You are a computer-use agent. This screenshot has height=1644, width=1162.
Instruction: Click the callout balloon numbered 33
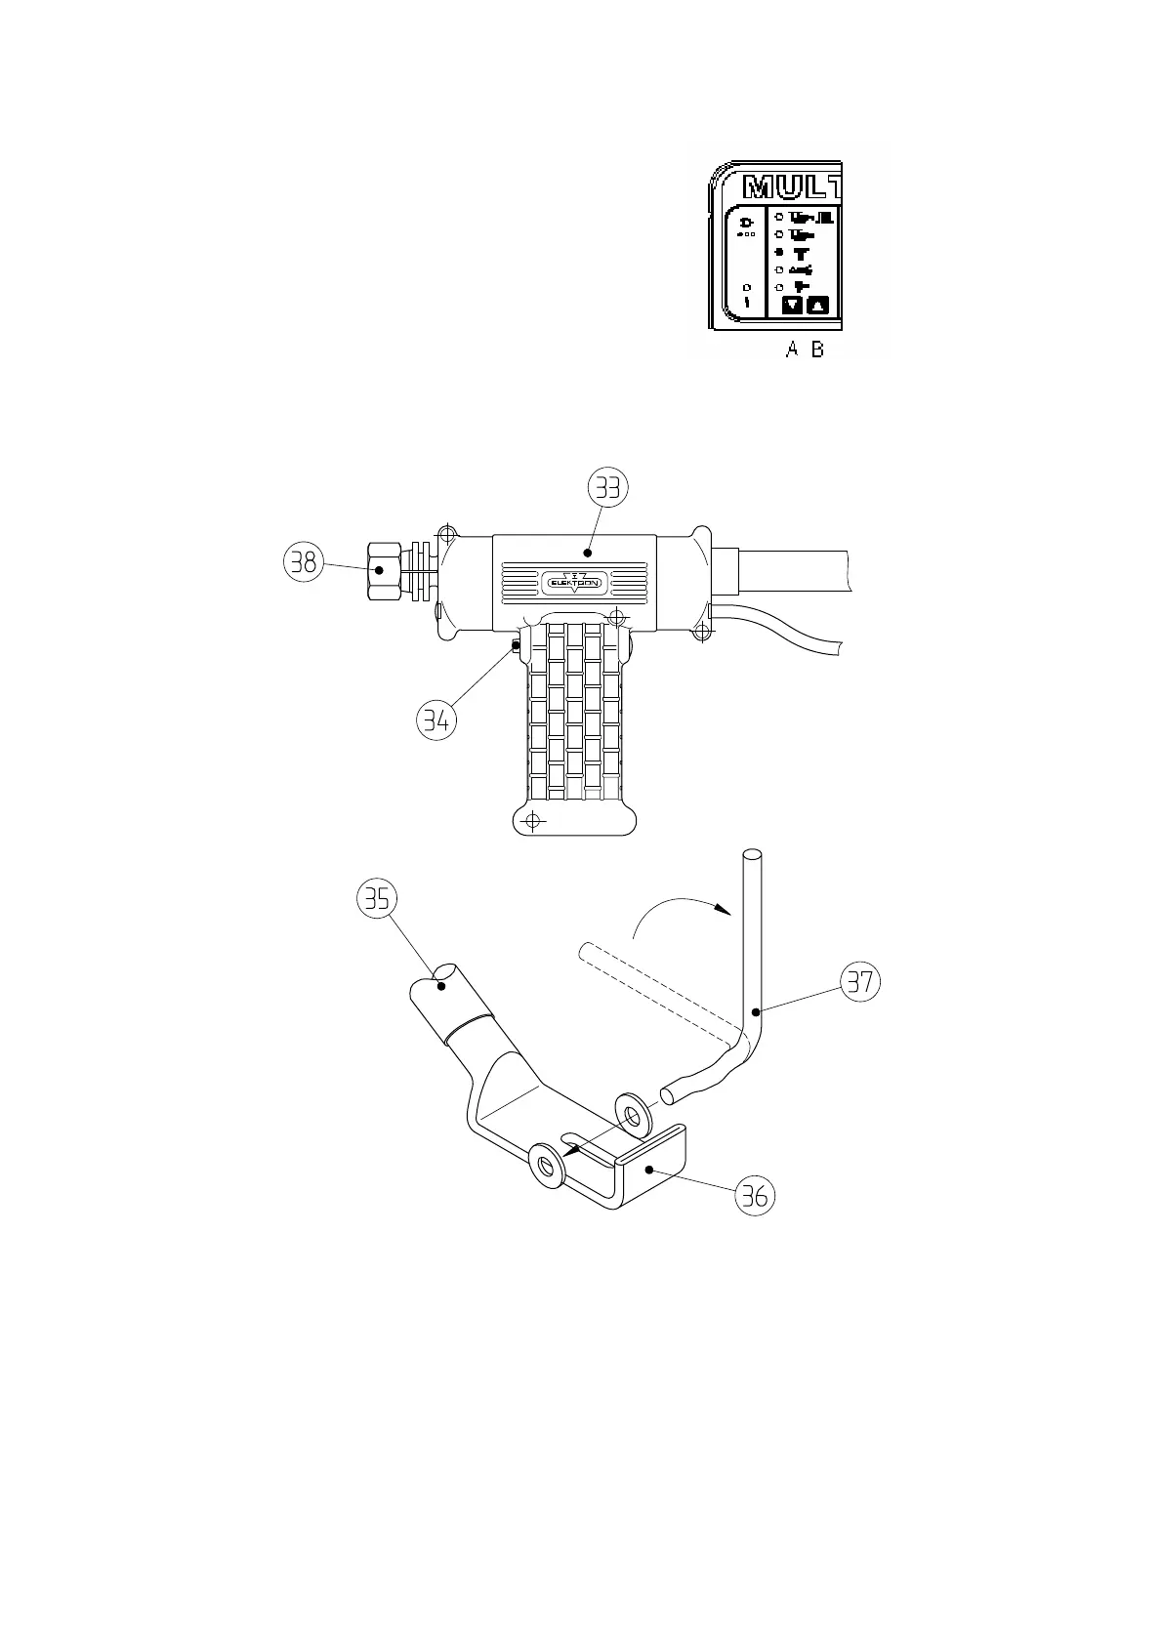coord(608,486)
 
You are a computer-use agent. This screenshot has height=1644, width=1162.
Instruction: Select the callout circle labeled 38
coord(303,562)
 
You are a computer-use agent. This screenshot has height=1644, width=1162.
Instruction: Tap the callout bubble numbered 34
coord(436,720)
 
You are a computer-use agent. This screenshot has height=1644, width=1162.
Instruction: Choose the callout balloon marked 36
coord(756,1195)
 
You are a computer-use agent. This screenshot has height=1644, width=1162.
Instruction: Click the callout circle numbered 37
coord(859,981)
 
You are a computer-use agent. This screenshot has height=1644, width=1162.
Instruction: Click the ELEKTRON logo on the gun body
coord(574,583)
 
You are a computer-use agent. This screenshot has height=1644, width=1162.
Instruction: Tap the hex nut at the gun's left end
coord(382,569)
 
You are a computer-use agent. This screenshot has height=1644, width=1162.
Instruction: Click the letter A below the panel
coord(793,349)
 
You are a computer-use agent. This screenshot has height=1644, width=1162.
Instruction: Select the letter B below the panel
coord(818,349)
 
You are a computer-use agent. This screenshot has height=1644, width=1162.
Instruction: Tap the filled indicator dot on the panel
coord(779,252)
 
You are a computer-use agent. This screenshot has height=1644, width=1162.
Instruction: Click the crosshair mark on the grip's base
coord(531,819)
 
